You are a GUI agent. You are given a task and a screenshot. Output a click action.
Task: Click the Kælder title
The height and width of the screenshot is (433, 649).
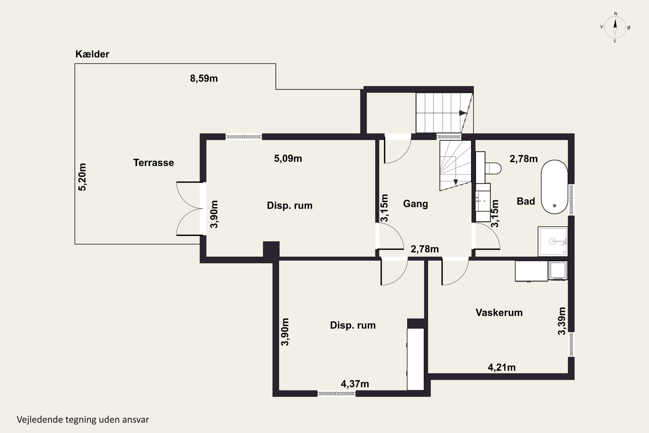[92, 54]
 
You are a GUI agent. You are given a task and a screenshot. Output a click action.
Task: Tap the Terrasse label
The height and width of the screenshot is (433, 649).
[154, 163]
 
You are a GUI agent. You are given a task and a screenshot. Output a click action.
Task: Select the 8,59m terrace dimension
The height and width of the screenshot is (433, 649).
[204, 78]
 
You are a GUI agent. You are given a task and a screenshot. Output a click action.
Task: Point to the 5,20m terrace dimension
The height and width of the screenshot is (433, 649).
[82, 177]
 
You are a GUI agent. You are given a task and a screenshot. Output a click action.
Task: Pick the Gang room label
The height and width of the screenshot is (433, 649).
[415, 204]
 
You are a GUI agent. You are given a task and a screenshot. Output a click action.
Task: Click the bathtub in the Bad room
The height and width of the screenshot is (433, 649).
[554, 187]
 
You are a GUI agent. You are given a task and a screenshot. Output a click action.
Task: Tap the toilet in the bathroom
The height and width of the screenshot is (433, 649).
[493, 168]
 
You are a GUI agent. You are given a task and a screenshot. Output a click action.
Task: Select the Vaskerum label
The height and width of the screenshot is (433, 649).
[499, 313]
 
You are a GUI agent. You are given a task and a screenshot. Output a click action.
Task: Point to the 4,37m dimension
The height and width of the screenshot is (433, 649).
[355, 384]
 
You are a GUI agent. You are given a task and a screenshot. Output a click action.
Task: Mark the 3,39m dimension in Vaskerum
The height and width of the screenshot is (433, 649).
[562, 321]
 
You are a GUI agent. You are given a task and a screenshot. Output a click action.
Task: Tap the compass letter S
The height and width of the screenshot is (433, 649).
[615, 41]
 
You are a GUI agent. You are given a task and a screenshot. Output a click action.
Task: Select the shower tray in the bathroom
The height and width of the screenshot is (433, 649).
[553, 241]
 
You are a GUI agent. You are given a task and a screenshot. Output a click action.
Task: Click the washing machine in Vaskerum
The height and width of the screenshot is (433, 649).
[558, 270]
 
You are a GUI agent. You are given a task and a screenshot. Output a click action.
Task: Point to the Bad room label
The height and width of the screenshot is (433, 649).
[526, 201]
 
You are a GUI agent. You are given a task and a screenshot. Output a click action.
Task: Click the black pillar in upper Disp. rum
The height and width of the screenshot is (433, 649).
[271, 249]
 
